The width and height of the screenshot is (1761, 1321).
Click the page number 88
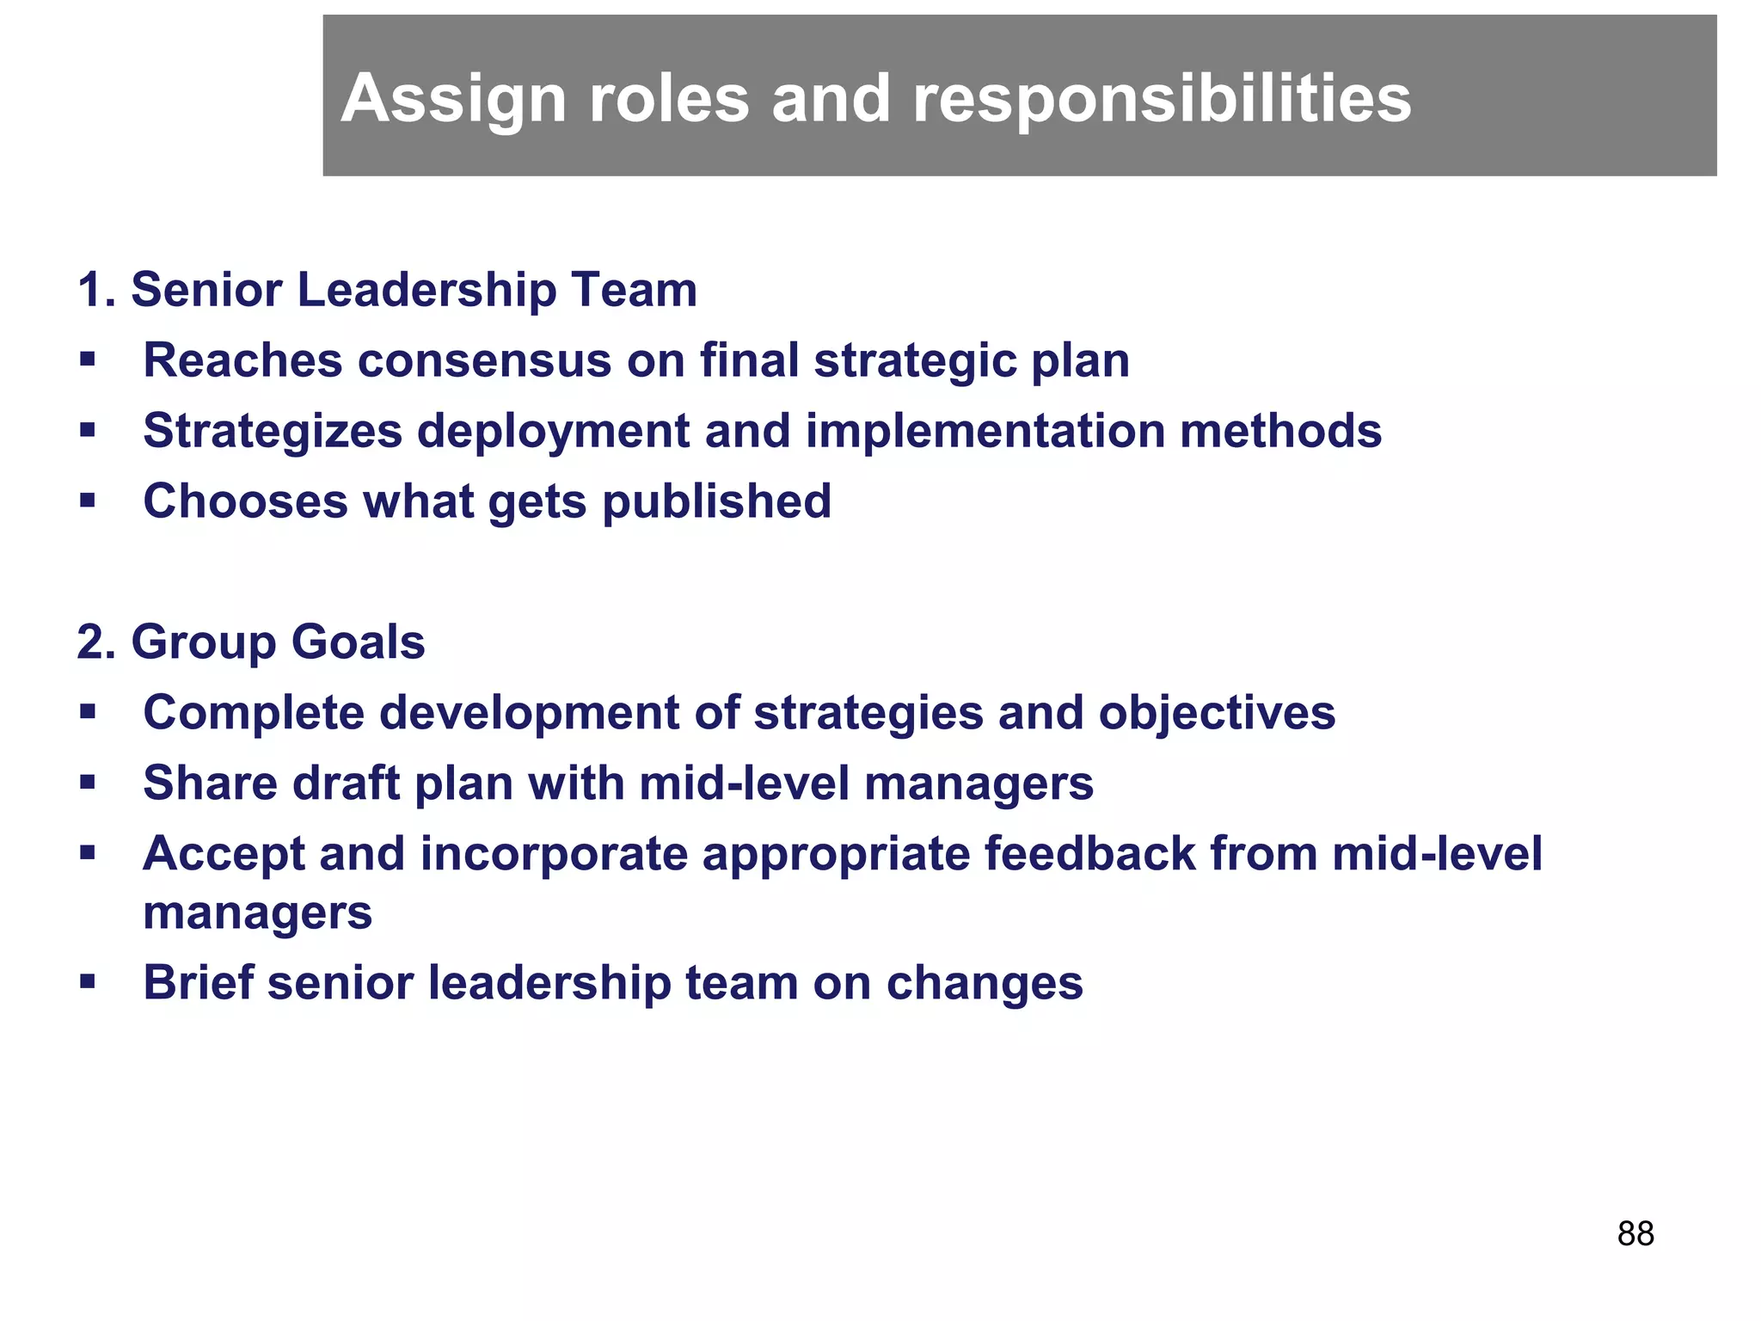pyautogui.click(x=1635, y=1233)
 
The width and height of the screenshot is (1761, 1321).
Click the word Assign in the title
pyautogui.click(x=452, y=99)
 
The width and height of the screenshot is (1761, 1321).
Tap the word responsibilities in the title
pyautogui.click(x=1162, y=99)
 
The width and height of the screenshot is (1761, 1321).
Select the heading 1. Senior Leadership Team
pyautogui.click(x=387, y=289)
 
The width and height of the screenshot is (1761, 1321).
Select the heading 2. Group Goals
pyautogui.click(x=251, y=642)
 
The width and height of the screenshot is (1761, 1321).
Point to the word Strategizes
pyautogui.click(x=273, y=431)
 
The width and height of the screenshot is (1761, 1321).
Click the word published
pyautogui.click(x=716, y=501)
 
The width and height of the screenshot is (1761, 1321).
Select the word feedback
pyautogui.click(x=1089, y=854)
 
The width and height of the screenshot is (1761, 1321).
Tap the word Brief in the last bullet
pyautogui.click(x=198, y=982)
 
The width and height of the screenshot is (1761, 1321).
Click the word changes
pyautogui.click(x=985, y=982)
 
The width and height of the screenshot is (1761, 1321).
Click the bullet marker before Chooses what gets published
pyautogui.click(x=87, y=501)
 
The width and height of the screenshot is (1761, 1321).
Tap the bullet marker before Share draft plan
pyautogui.click(x=87, y=783)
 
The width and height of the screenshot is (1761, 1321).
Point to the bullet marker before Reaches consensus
pyautogui.click(x=87, y=359)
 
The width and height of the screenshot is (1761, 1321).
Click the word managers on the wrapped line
pyautogui.click(x=257, y=912)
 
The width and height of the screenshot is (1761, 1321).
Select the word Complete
pyautogui.click(x=254, y=713)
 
